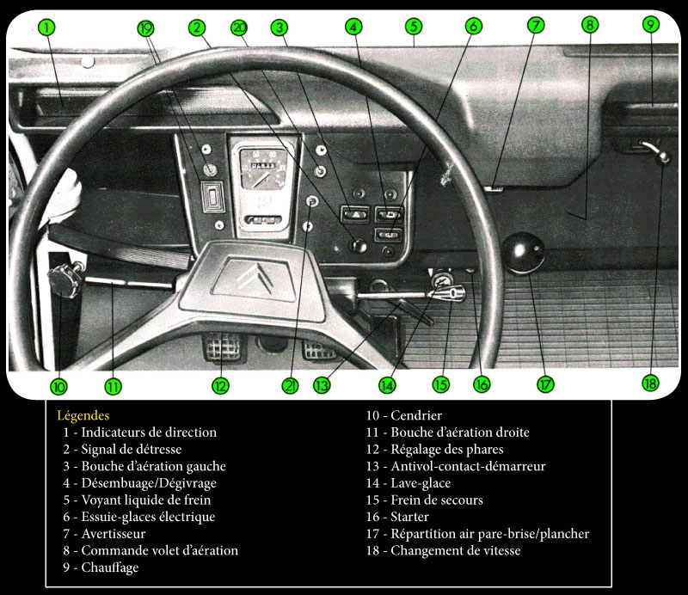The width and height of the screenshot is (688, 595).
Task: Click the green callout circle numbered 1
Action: (x=46, y=28)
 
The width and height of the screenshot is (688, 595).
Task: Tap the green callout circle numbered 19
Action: (x=145, y=28)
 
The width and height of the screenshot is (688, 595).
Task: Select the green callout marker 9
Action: (x=651, y=24)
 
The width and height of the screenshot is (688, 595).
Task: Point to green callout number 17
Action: (x=545, y=385)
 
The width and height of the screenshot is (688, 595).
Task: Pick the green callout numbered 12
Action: (x=220, y=386)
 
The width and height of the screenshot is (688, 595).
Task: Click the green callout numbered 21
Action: (x=290, y=386)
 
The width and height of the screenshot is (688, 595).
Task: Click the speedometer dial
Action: (x=263, y=169)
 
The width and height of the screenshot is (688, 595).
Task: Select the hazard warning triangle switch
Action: (x=355, y=214)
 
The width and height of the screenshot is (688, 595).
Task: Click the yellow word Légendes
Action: (x=83, y=415)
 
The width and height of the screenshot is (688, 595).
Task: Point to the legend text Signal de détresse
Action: (x=132, y=450)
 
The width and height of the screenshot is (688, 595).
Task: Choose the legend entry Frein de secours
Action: (x=437, y=500)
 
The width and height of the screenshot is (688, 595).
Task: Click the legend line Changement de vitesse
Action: (x=456, y=550)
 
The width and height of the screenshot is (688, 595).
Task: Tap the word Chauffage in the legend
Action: (x=110, y=567)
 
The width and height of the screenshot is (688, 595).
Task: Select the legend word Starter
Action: (x=409, y=517)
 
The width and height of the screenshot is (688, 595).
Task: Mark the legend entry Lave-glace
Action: (x=421, y=483)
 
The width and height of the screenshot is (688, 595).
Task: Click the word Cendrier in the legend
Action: (x=416, y=415)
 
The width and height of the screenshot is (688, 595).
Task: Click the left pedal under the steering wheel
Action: (x=224, y=347)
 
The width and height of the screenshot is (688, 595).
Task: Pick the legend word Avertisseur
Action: (x=114, y=534)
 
